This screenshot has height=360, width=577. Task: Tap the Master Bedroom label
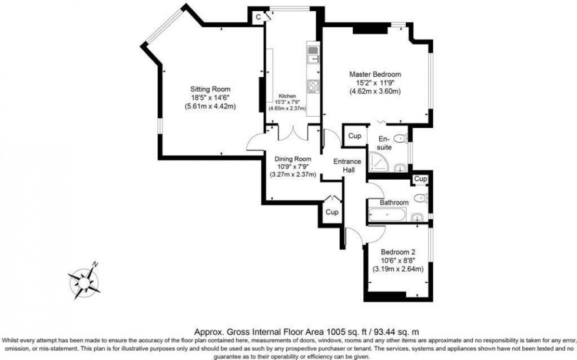[x=375, y=74]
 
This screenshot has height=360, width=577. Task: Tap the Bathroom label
[x=394, y=203]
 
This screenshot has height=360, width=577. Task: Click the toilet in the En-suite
[x=401, y=140]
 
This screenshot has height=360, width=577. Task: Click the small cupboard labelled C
[x=258, y=18]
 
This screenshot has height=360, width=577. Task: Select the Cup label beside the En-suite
[x=354, y=136]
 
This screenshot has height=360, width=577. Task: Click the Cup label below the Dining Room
[x=331, y=212]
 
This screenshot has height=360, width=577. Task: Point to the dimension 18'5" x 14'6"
[x=210, y=98]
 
